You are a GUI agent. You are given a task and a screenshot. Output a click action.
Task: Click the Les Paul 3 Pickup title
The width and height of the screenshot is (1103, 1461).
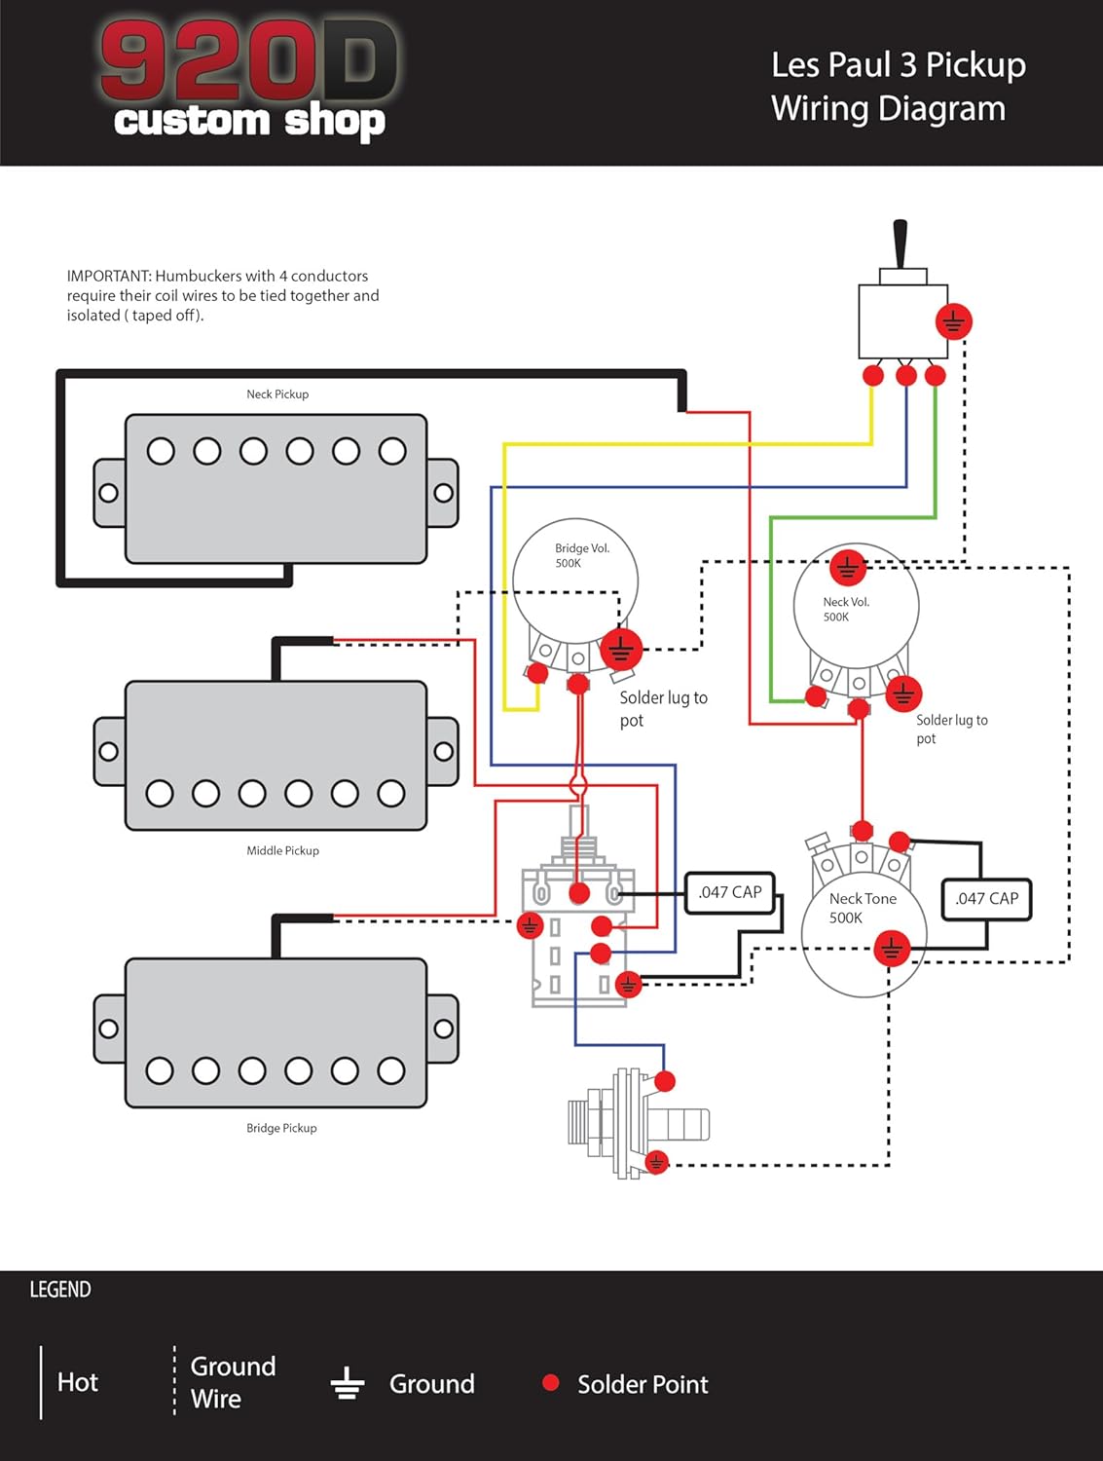coord(898,86)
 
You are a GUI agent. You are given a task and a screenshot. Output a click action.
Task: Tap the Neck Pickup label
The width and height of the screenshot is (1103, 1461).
coord(277,394)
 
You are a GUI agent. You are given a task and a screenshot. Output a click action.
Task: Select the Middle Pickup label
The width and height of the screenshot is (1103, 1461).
coord(282,850)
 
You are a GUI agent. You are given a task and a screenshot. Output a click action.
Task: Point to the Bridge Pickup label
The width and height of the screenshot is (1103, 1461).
coord(281,1128)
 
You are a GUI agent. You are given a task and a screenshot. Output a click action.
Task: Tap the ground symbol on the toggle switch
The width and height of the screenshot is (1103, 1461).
coord(953,321)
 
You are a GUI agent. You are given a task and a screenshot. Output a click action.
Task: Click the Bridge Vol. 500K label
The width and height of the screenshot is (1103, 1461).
coord(581,555)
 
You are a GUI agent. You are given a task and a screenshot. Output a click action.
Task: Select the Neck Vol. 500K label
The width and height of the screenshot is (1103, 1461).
coord(845,609)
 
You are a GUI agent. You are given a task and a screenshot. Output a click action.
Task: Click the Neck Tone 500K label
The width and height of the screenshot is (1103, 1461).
coord(862,908)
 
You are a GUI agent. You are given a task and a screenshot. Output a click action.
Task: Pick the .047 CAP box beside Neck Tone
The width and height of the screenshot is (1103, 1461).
coord(986,899)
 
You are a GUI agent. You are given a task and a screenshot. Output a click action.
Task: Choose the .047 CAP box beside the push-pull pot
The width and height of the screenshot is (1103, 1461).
coord(730,892)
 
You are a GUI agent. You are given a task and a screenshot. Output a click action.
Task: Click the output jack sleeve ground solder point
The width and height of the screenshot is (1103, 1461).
coord(657,1162)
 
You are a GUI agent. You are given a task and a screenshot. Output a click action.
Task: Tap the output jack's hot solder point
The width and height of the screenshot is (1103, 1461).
coord(665,1081)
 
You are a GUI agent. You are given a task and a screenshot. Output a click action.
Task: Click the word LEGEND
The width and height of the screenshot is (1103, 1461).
coord(60,1290)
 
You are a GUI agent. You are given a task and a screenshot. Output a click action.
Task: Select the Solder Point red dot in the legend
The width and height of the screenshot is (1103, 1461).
coord(551,1382)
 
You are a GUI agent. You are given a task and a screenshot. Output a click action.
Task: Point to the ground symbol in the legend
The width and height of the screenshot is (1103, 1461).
coord(348,1383)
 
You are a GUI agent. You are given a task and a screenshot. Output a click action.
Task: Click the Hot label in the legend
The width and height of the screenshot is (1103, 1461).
coord(78,1382)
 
